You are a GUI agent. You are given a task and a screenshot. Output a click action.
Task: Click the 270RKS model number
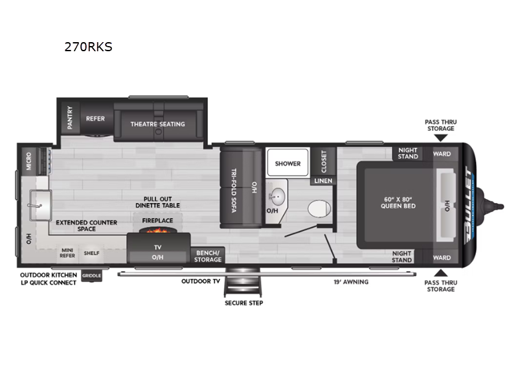tap(88, 47)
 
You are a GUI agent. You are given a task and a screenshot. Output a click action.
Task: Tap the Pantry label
tap(70, 118)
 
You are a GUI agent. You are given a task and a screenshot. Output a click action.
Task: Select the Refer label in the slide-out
tap(95, 119)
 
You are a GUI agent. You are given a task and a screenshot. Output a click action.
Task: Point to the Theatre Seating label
tap(157, 124)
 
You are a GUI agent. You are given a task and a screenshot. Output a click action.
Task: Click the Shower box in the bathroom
tap(287, 163)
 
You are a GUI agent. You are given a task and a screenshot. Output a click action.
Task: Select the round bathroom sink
tap(277, 195)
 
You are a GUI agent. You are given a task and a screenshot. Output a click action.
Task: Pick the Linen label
tap(323, 181)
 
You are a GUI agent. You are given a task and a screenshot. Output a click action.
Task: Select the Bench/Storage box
tap(207, 255)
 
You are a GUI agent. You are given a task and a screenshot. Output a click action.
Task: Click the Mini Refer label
tap(68, 253)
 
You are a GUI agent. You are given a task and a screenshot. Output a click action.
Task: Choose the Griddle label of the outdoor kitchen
tap(91, 276)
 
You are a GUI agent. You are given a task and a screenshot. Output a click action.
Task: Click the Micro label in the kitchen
tap(28, 161)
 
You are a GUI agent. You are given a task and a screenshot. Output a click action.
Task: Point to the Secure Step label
tap(244, 303)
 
